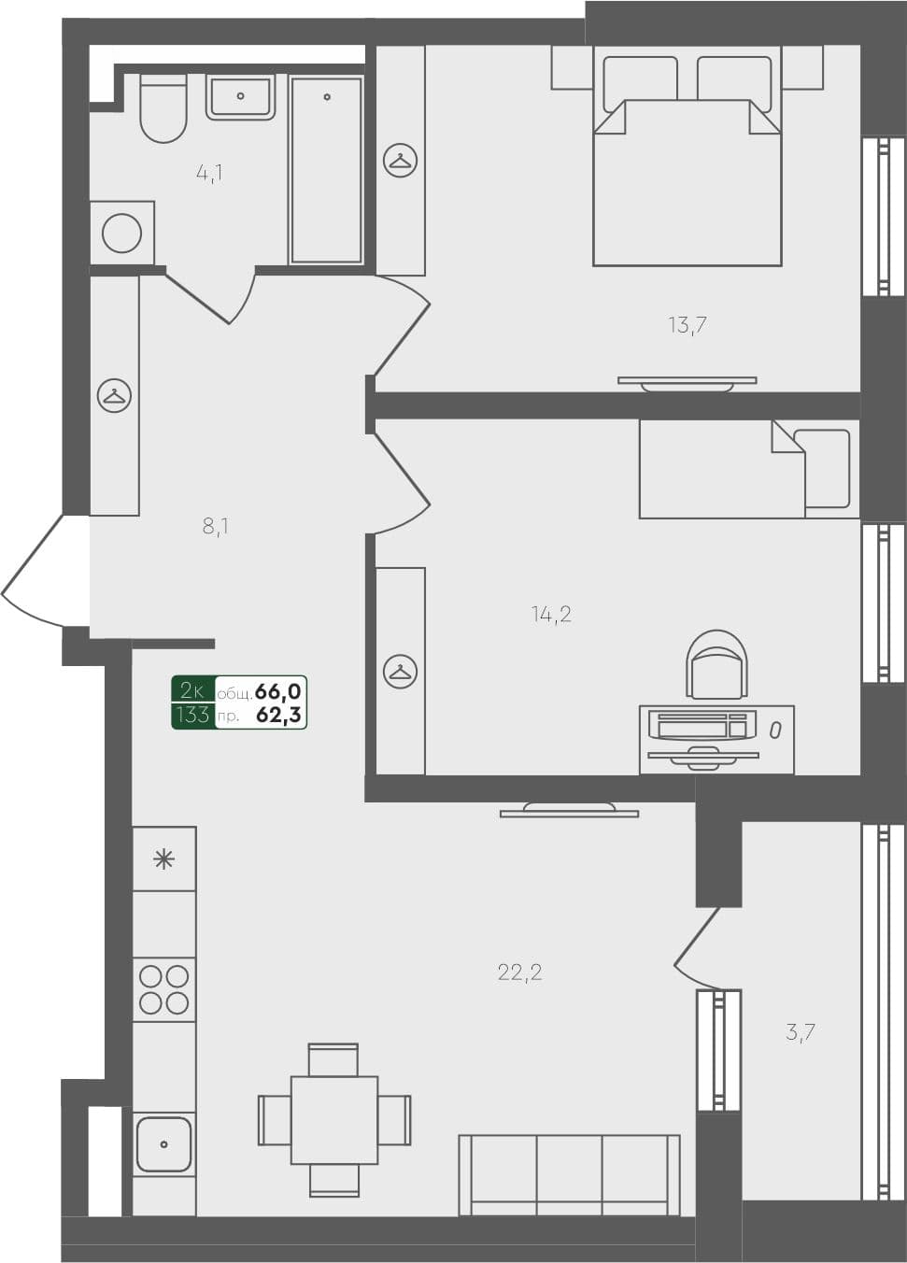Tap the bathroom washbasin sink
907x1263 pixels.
tap(240, 97)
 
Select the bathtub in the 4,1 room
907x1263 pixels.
tap(326, 170)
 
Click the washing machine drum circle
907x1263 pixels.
tap(122, 233)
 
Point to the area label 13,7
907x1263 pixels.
tap(687, 325)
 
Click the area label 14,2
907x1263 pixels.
tap(551, 614)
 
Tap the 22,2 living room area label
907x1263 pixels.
tap(519, 972)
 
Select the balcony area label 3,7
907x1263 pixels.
tap(801, 1032)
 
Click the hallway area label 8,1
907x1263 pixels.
tap(216, 526)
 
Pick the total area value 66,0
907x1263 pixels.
tap(277, 691)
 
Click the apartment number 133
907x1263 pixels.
tap(192, 716)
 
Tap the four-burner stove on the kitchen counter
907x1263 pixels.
tap(164, 990)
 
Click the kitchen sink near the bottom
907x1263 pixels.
tap(163, 1144)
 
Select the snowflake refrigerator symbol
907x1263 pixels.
tap(164, 859)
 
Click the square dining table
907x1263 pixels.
tap(333, 1120)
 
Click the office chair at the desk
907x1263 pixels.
tap(716, 664)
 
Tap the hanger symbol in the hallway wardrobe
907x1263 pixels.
tap(115, 396)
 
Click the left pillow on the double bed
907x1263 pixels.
tap(640, 80)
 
